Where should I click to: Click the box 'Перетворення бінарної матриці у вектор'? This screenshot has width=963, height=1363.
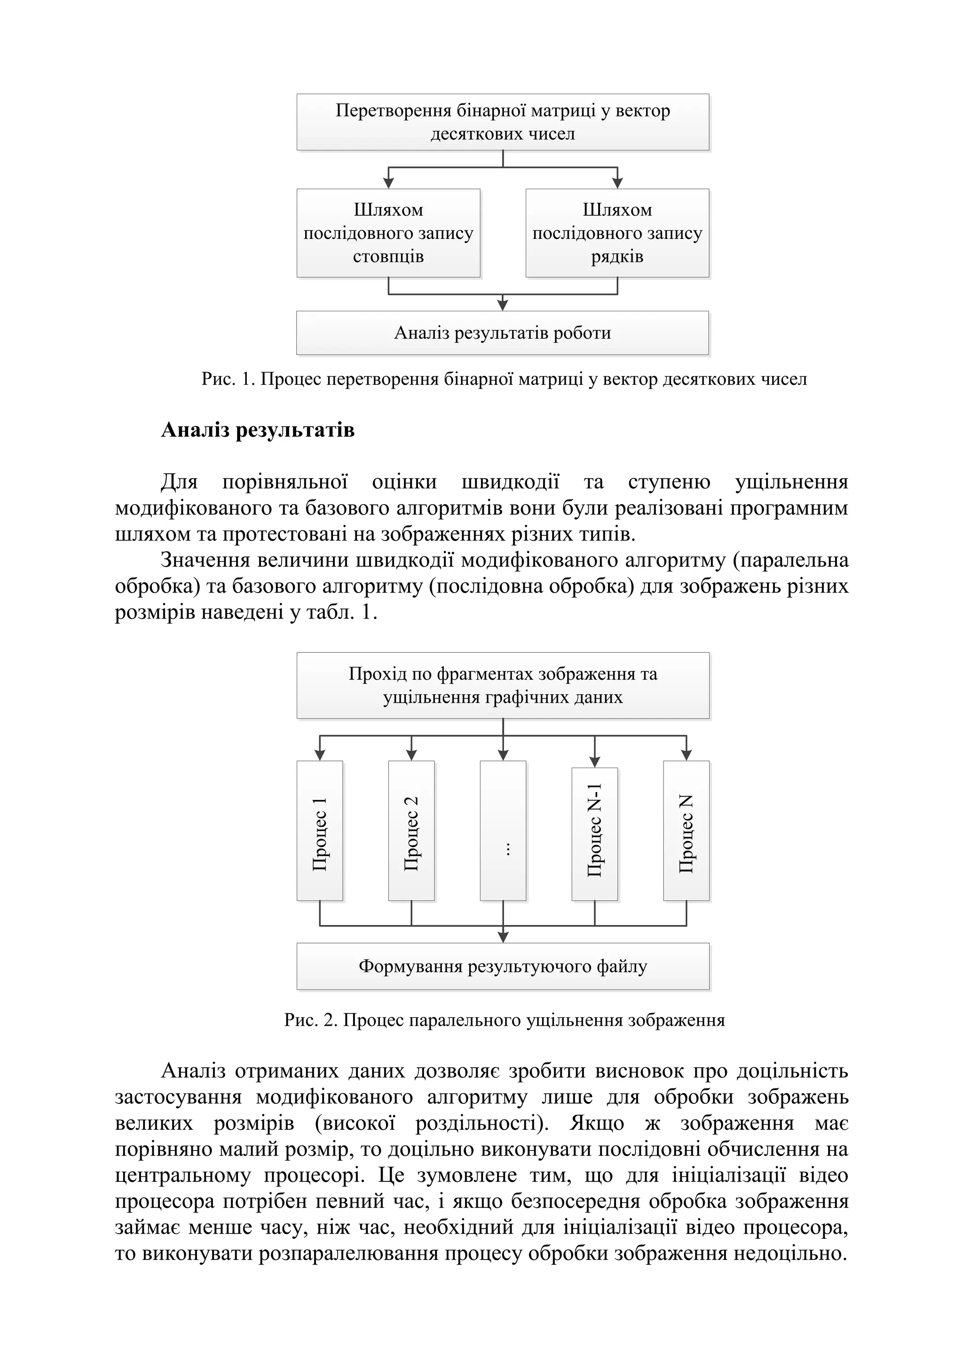point(503,122)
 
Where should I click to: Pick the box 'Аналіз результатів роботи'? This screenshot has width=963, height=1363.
point(503,333)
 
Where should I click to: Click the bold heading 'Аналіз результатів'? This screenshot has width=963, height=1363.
point(258,429)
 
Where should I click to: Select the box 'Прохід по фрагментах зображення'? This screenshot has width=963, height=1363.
point(503,685)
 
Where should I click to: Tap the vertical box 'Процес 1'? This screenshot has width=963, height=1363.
point(320,831)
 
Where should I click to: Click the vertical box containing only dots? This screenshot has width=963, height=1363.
point(503,831)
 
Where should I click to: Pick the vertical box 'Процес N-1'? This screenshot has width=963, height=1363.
point(594,834)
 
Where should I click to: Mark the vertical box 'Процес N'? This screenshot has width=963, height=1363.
point(687,831)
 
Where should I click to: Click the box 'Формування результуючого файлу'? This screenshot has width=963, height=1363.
point(503,967)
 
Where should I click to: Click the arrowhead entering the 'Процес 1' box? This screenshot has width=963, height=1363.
point(320,756)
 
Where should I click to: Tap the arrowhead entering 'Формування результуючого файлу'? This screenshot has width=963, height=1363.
point(503,938)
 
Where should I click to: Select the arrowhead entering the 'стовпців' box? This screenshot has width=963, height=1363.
point(389,184)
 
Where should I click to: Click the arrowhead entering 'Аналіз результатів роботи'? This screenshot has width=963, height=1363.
point(503,306)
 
